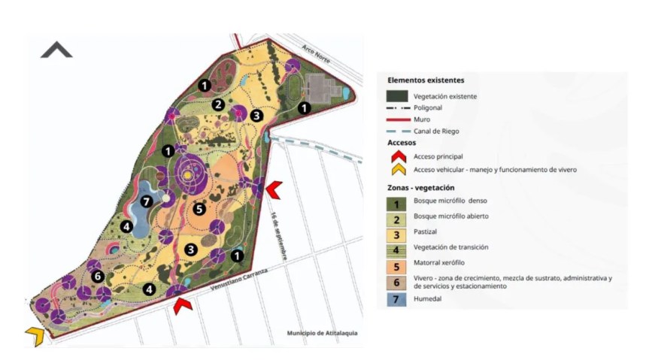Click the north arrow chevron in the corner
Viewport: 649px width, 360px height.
point(56,50)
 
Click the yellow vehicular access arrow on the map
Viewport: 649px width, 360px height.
point(34,336)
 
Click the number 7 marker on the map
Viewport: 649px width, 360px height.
point(147,201)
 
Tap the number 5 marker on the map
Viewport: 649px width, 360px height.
point(199,210)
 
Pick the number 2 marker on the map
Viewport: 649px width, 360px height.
point(218,105)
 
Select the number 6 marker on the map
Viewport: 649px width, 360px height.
point(97,276)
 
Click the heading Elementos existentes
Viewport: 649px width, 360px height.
point(426,80)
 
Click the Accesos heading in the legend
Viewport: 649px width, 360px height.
point(402,141)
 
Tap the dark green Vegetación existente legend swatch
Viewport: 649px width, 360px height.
point(397,95)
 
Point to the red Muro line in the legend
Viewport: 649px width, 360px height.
point(397,119)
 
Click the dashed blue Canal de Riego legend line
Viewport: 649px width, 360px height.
point(397,131)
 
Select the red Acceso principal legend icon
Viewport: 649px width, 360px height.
point(396,156)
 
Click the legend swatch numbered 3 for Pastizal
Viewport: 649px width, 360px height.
point(397,232)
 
